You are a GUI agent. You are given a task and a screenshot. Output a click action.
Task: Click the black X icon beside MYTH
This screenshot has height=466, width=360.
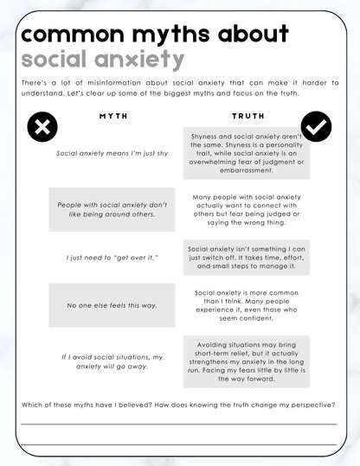point(42,127)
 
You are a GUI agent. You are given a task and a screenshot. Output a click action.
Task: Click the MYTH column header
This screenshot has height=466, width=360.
point(112,115)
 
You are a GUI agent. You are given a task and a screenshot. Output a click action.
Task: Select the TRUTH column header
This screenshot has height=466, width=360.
point(247,115)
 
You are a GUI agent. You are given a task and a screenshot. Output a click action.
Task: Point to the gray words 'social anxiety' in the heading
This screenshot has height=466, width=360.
point(102,60)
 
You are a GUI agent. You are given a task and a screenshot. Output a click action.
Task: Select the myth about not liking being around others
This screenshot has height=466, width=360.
point(112,209)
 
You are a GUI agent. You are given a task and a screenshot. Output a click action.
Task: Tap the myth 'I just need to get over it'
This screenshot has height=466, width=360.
point(112,258)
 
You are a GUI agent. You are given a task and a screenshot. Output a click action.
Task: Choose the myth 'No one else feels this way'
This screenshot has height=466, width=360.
point(112,305)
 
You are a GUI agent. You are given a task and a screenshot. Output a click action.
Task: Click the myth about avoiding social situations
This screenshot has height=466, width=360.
point(112,361)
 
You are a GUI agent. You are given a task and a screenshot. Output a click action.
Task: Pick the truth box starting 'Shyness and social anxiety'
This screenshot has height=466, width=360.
point(247,154)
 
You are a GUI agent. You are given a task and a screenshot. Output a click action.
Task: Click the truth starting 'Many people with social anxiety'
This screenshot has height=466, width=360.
point(247,210)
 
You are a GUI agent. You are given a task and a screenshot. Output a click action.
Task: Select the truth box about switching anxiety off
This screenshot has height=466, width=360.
point(247,258)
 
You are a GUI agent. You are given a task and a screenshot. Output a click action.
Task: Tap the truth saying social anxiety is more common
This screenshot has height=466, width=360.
point(247,305)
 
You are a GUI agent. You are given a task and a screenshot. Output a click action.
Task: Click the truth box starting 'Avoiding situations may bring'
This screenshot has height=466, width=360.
point(247,361)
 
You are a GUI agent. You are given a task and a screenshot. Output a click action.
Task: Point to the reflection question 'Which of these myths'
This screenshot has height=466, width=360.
point(179,405)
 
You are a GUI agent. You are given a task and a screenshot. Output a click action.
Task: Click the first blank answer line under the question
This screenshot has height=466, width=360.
point(179,425)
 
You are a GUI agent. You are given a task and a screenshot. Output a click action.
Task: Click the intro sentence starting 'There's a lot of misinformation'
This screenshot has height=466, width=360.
point(179,86)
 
